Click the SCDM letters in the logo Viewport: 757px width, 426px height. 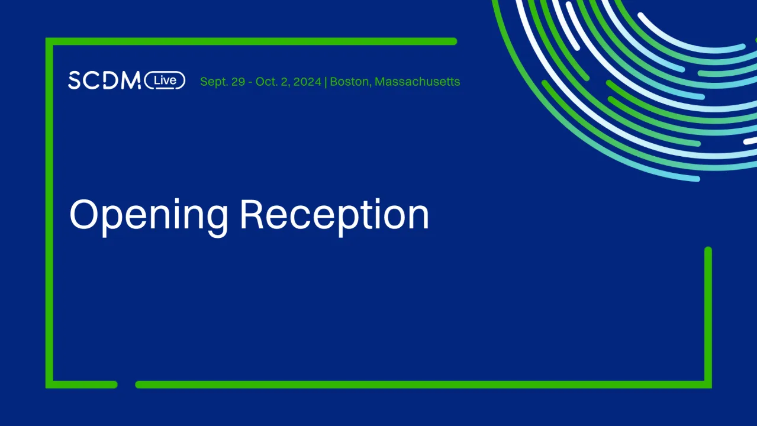tap(104, 80)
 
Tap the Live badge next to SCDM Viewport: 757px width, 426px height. tap(165, 80)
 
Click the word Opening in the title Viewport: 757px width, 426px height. tap(149, 215)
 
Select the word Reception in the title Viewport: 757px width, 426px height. tap(334, 215)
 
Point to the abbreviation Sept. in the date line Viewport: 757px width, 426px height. tap(214, 82)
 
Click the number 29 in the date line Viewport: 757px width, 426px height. tap(238, 82)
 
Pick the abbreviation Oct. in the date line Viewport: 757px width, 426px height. tap(266, 82)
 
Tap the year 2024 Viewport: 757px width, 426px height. tap(307, 82)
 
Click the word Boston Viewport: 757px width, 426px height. tap(349, 82)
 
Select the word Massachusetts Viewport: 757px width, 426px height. tap(417, 82)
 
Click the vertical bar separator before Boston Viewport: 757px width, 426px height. tap(326, 82)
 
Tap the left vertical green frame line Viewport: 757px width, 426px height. tap(49, 213)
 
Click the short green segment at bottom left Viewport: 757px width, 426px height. tap(83, 385)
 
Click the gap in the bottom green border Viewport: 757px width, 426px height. tap(127, 385)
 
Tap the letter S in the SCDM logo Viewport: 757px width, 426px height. tap(75, 80)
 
